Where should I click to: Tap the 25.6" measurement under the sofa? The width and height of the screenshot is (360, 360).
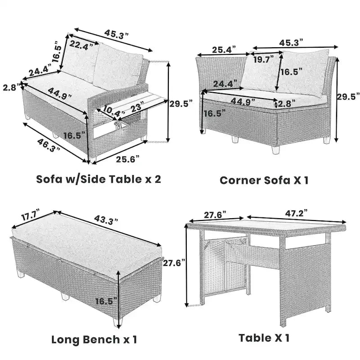[127, 159]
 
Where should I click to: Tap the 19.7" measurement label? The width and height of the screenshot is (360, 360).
[264, 58]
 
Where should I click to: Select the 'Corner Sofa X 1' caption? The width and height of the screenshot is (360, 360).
[264, 180]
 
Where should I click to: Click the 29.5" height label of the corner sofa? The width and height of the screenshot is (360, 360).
[349, 96]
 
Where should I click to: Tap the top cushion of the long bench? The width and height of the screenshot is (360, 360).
[85, 238]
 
